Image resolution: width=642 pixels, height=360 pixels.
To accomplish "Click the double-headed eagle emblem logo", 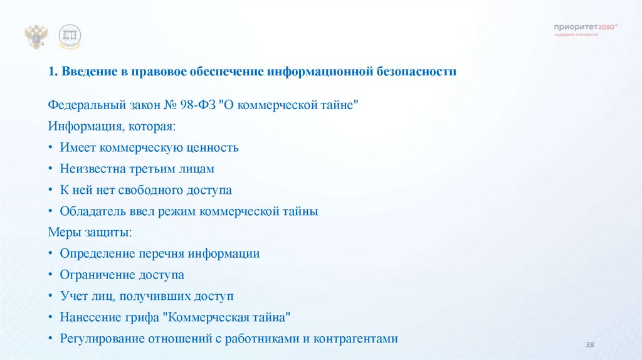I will click(x=36, y=37).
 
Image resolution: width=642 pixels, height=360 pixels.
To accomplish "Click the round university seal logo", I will click(x=70, y=37).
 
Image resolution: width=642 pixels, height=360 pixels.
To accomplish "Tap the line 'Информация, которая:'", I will click(x=112, y=126).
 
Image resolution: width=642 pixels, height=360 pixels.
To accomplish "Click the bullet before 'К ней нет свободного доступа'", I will click(x=51, y=190).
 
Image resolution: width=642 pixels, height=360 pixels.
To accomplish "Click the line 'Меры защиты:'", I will click(x=90, y=233).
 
